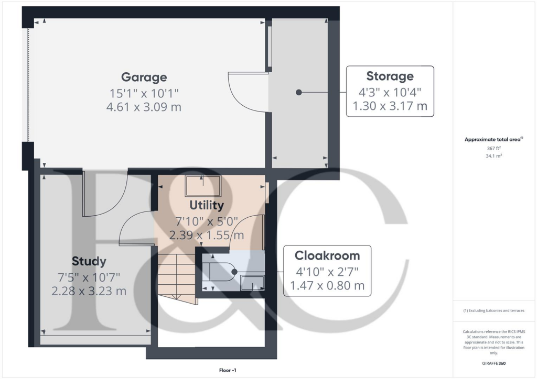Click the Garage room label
(x=144, y=77)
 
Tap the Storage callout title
(x=390, y=76)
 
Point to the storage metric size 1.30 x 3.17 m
(x=390, y=107)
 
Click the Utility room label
(x=207, y=205)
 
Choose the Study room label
(x=89, y=261)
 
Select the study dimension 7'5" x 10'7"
(x=89, y=276)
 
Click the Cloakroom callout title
(x=327, y=255)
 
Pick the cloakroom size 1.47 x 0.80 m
(x=327, y=286)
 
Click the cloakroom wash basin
(x=253, y=283)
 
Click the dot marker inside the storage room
(x=299, y=92)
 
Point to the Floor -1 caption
(x=228, y=371)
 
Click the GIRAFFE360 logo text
(x=494, y=363)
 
